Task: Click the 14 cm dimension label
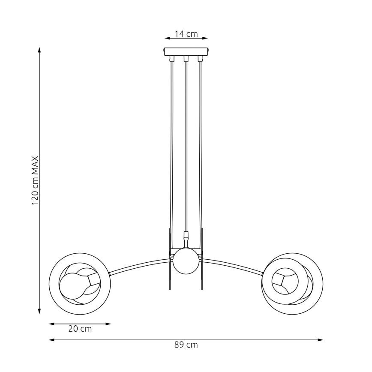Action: pos(186,34)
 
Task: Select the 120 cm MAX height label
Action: pos(36,180)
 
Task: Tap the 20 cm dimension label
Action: pos(80,329)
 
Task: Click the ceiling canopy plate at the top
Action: pos(186,51)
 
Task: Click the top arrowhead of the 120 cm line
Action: pos(39,50)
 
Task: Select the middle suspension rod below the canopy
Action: pos(186,146)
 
